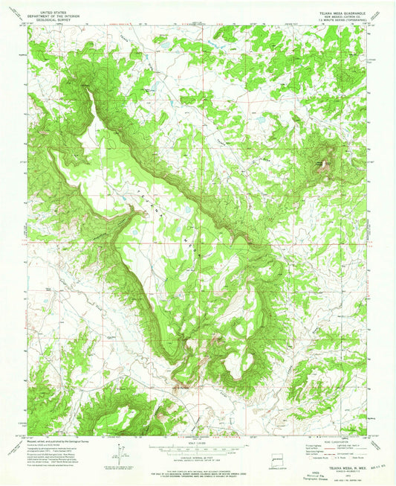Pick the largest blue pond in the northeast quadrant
[x=261, y=118]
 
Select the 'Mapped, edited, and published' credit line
[x=52, y=440]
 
